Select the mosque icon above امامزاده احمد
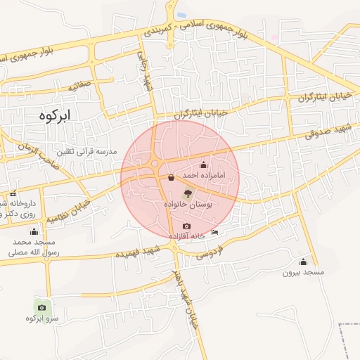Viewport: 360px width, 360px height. click(204, 165)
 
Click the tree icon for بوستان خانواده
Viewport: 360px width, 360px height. click(188, 193)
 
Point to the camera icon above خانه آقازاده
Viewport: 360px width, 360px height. click(186, 226)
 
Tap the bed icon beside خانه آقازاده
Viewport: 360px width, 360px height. click(214, 233)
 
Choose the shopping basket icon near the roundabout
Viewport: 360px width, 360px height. click(172, 178)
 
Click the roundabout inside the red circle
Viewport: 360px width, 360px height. click(155, 165)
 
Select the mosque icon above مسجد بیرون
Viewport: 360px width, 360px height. click(302, 262)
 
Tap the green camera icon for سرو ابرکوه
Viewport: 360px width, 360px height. click(41, 307)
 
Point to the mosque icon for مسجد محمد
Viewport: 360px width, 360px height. click(34, 232)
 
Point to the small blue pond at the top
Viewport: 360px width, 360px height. click(181, 15)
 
